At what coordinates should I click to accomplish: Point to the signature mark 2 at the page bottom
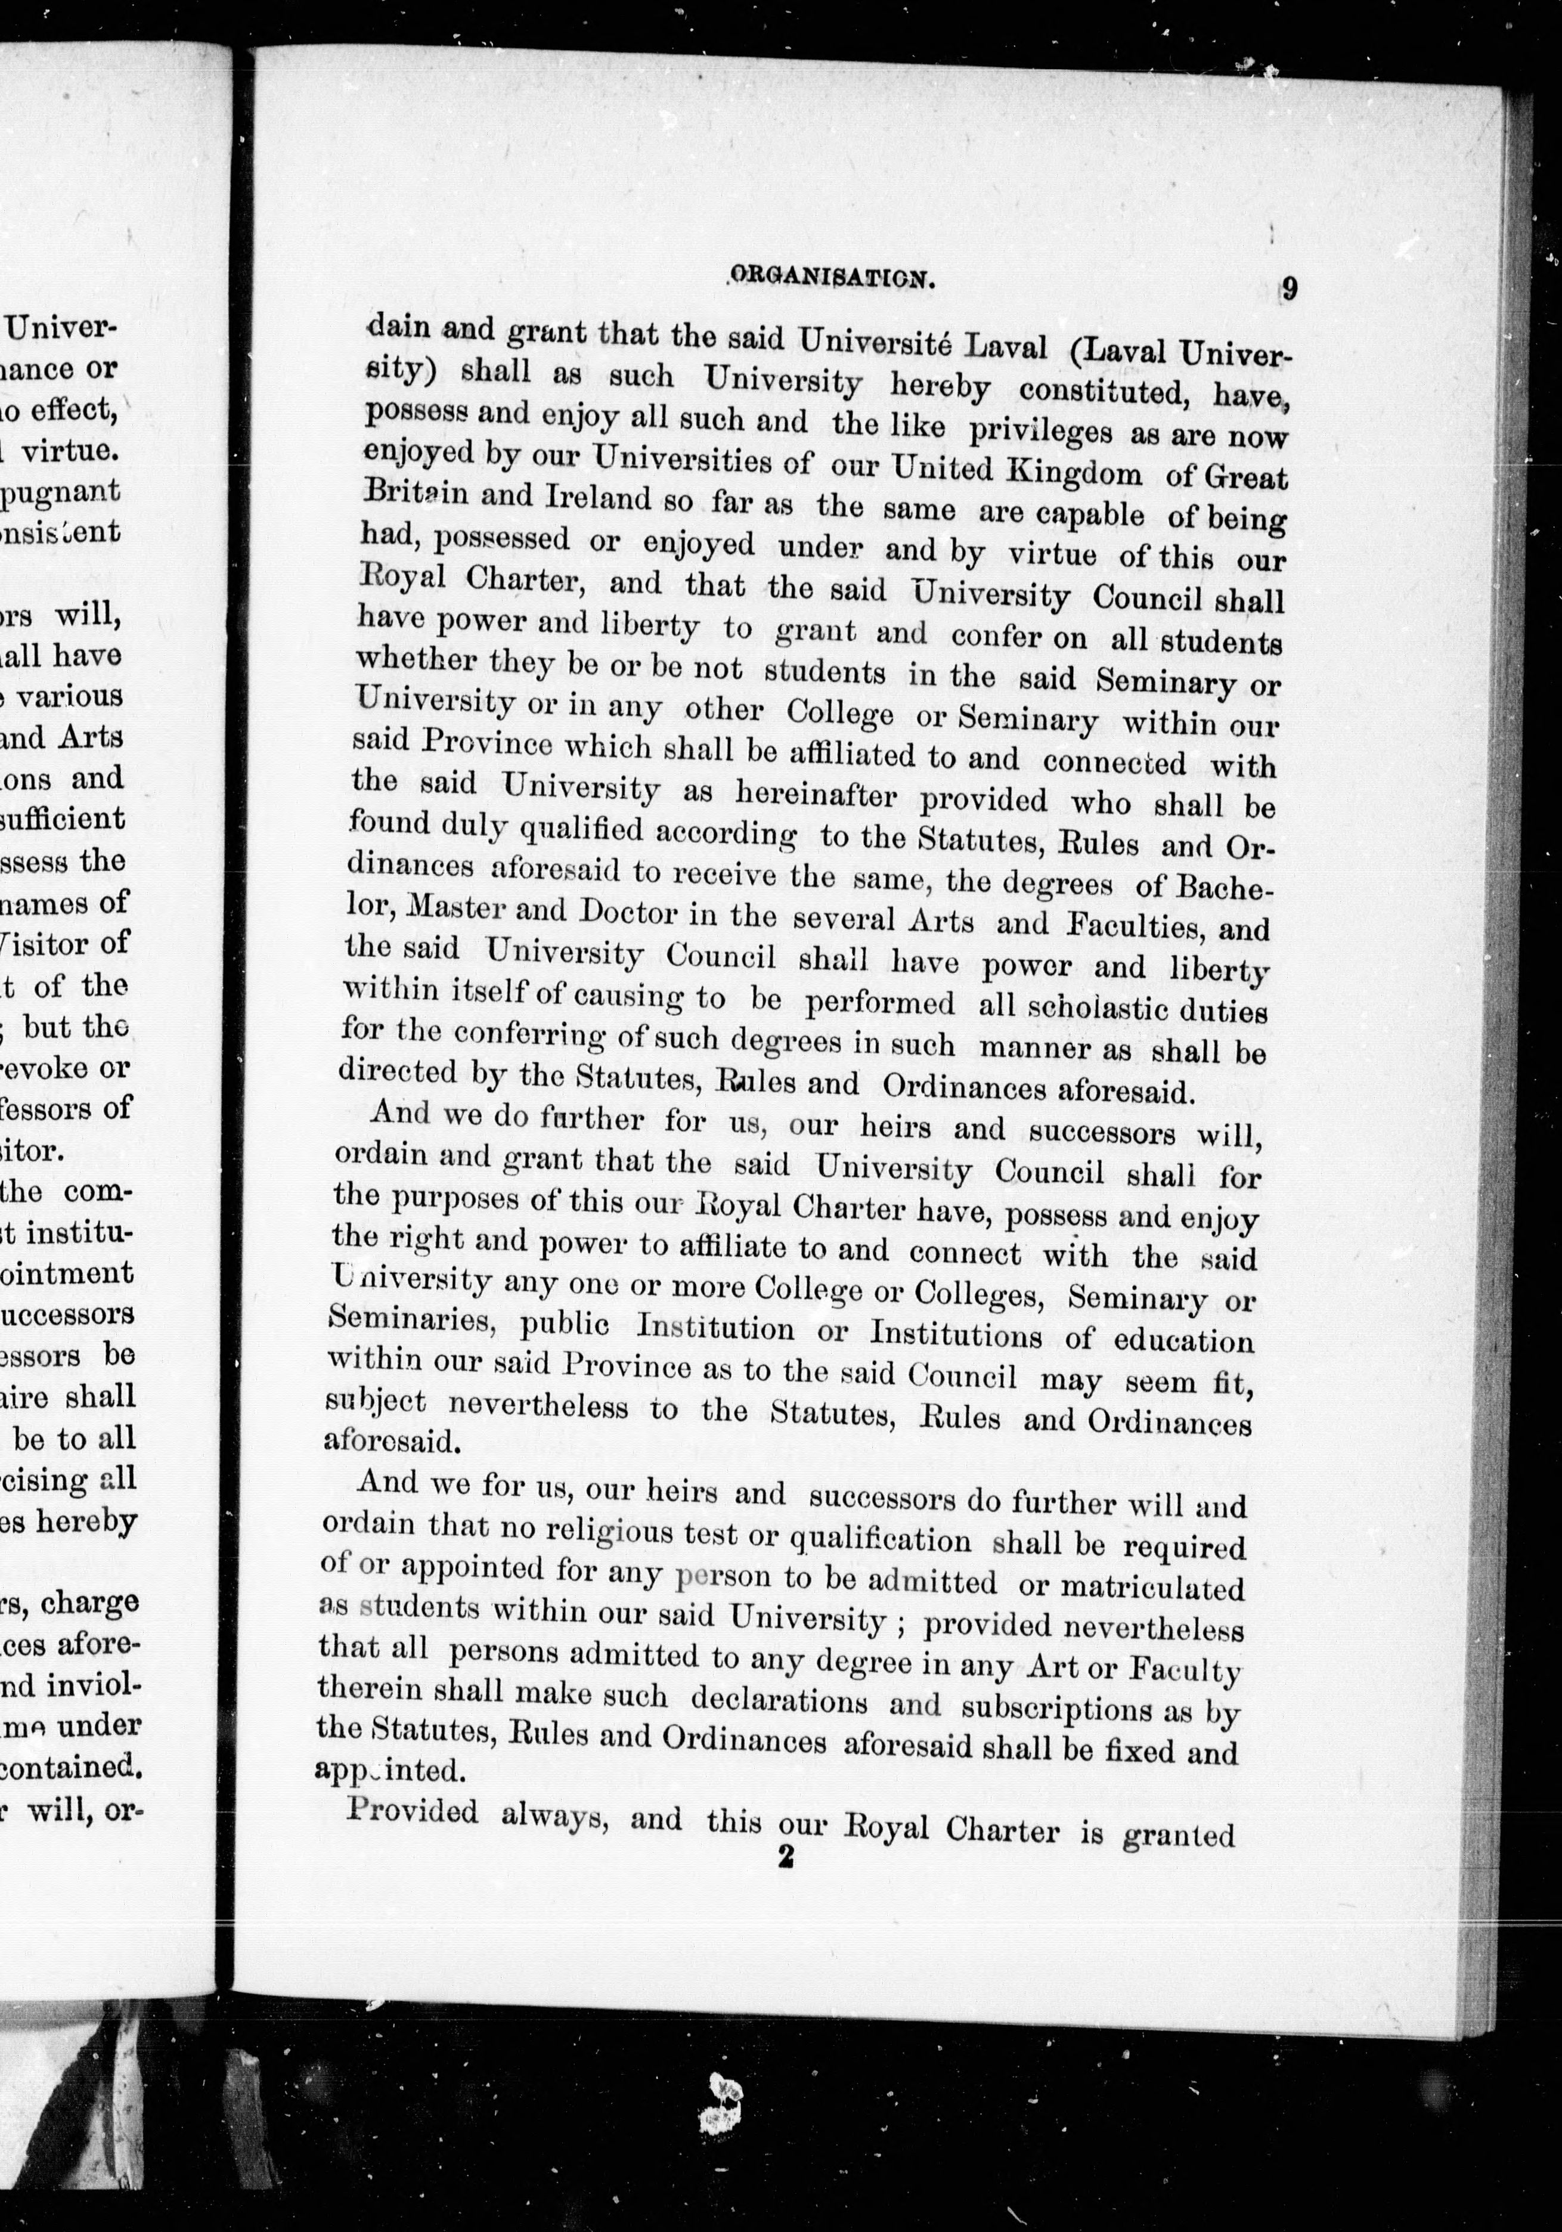click(x=785, y=1857)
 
